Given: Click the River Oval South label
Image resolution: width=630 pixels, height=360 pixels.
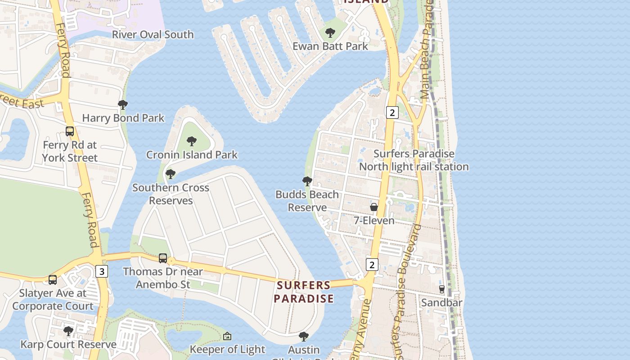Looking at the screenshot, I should (x=153, y=35).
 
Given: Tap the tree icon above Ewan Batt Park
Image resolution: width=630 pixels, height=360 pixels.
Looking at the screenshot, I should (x=330, y=33).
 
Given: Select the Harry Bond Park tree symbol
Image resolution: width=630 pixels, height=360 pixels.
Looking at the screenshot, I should (x=122, y=105).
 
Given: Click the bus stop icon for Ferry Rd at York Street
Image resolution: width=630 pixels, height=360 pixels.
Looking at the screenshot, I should (x=70, y=131).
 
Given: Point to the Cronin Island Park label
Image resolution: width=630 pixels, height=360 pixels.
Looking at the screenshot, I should (x=192, y=155).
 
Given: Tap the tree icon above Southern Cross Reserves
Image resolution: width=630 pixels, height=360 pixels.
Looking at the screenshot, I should (x=170, y=174).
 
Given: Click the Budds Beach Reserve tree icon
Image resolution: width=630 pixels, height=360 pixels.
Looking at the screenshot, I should (x=307, y=181).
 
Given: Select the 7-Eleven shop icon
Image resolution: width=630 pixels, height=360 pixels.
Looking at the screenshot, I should (x=374, y=207).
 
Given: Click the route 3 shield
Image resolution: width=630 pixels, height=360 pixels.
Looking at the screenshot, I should (x=102, y=271).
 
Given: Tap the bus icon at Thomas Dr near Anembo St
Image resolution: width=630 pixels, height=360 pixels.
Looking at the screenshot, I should (x=163, y=258).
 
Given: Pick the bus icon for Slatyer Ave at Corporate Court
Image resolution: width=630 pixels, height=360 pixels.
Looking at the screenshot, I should (x=53, y=279).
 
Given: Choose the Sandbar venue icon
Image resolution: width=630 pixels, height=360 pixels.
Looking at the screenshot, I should (x=442, y=289).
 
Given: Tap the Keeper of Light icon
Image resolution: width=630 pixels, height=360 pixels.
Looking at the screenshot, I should (x=227, y=336).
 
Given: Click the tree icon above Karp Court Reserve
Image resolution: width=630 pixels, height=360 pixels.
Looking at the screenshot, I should (x=68, y=331).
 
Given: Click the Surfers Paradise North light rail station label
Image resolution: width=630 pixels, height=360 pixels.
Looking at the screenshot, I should (x=414, y=160).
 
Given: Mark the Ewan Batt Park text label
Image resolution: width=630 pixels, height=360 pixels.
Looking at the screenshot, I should (x=330, y=46).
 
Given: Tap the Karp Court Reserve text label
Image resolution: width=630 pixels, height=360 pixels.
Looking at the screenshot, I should (x=68, y=345).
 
